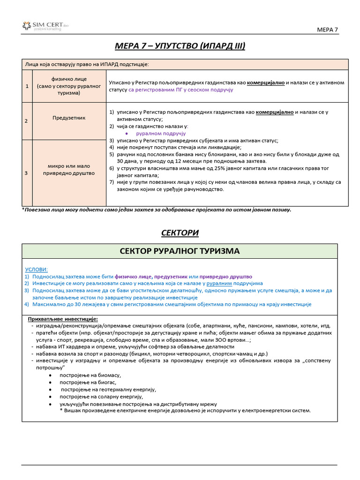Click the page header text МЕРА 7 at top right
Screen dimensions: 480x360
coord(328,30)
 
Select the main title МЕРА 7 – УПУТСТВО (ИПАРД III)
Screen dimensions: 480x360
coord(180,46)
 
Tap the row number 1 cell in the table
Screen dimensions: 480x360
coord(27,86)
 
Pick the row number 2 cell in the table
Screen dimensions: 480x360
coord(27,121)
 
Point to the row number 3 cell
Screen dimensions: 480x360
coord(27,173)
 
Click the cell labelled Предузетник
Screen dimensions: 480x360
coord(69,118)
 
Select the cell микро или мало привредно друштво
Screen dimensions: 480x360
coord(69,169)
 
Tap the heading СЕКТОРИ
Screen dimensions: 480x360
coord(180,233)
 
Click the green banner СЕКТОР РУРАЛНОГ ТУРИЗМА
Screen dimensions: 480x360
coord(180,251)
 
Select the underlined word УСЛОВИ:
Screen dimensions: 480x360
coord(36,270)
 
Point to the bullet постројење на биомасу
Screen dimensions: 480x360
coord(90,375)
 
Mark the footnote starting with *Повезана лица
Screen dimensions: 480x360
coord(157,210)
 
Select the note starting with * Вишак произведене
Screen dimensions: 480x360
coord(185,411)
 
